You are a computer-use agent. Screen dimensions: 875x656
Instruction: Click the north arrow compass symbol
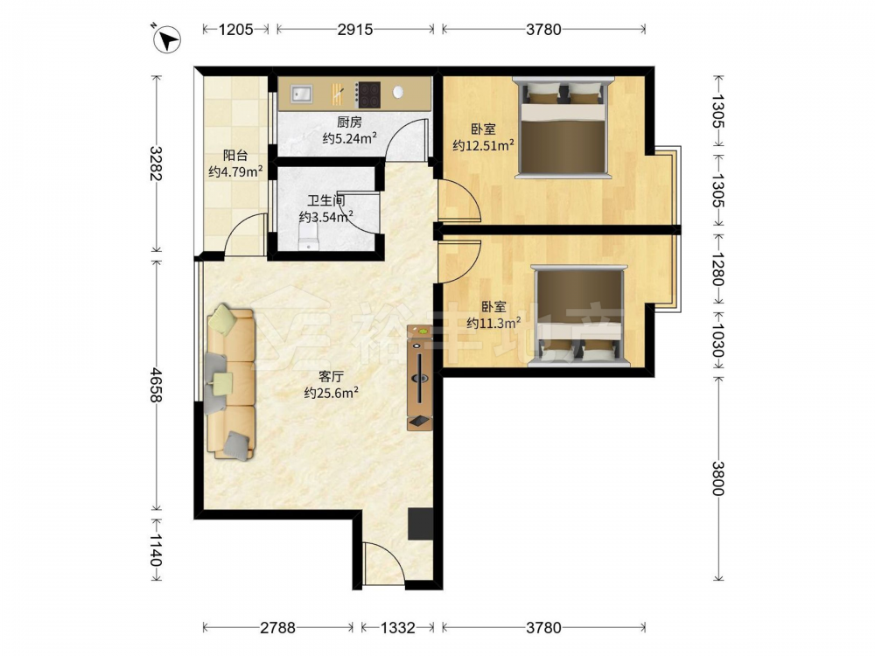pos(167,39)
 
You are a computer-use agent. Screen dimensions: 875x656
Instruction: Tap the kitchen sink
pos(301,94)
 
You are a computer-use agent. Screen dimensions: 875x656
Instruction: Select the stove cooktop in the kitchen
pos(368,94)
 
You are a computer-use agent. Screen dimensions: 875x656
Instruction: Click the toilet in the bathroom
pos(308,237)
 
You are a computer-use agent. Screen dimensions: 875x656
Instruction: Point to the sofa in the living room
pos(230,382)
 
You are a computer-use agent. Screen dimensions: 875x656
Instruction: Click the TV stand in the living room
pos(420,378)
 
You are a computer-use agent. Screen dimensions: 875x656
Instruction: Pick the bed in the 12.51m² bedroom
pos(563,128)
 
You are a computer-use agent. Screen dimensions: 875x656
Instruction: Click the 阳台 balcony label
pos(234,156)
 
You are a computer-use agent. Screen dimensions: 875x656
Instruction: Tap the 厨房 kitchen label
pos(349,122)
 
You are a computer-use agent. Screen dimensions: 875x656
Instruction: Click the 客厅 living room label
pos(331,376)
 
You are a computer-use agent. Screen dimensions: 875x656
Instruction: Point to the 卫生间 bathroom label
pos(325,200)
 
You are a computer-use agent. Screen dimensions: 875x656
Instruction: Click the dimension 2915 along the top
pos(355,29)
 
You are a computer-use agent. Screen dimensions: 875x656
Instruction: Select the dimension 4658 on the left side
pos(156,385)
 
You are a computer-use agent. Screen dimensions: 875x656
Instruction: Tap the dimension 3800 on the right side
pos(718,478)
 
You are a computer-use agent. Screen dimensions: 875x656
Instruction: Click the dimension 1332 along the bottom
pos(398,628)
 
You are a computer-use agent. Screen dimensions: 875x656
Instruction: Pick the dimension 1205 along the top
pos(235,29)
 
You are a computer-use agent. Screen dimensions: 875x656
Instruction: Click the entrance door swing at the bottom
pos(383,563)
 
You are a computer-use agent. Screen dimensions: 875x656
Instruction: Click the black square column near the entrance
pos(421,524)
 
